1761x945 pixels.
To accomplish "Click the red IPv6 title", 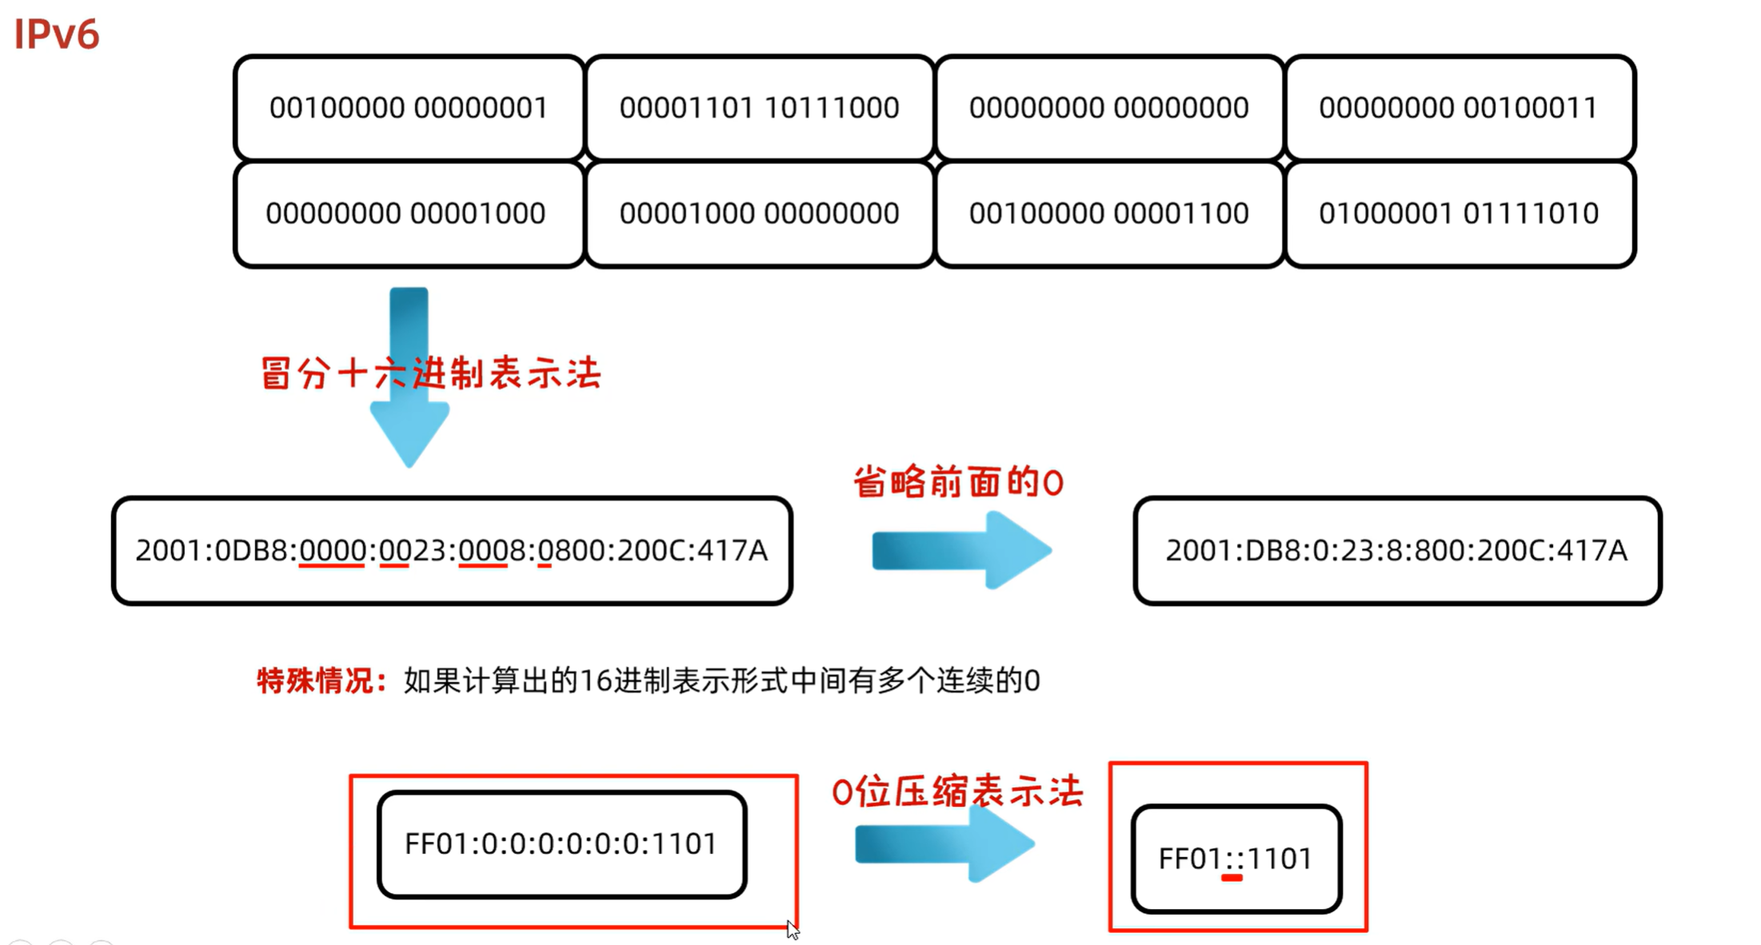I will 56,34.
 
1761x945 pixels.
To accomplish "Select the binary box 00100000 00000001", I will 409,107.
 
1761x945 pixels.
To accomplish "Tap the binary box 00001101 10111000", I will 759,107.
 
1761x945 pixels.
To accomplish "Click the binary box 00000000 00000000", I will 1108,107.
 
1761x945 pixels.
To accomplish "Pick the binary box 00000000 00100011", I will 1459,107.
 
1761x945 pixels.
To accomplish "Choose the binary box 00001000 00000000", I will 759,213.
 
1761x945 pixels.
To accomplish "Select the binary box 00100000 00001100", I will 1108,213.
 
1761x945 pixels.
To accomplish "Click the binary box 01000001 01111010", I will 1459,213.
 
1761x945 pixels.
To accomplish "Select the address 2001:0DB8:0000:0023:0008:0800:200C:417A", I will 452,550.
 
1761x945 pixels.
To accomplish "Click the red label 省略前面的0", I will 958,482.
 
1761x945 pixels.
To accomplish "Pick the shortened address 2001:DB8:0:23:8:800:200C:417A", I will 1396,550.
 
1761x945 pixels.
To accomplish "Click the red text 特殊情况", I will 321,680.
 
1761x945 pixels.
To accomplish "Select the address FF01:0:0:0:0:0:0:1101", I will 561,844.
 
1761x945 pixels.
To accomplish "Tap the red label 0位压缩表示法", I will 957,792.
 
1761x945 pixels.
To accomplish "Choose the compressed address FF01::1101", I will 1236,859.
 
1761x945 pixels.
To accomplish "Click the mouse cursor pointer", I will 792,929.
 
